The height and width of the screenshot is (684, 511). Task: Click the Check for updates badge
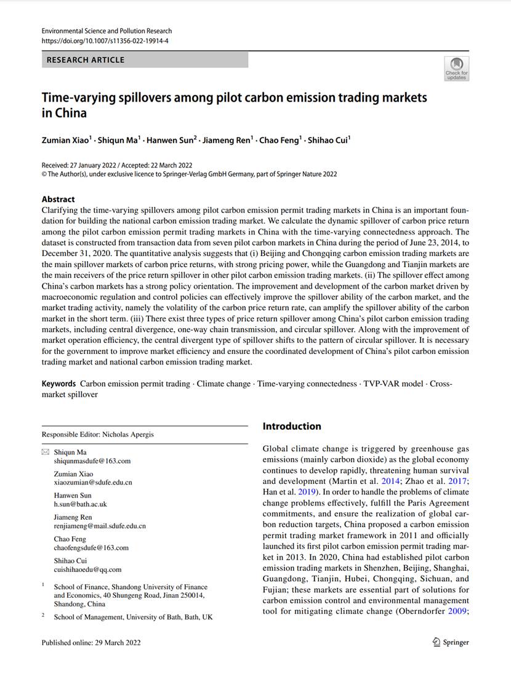[456, 68]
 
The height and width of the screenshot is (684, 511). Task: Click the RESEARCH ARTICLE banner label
[86, 60]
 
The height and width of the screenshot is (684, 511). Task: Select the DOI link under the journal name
[105, 41]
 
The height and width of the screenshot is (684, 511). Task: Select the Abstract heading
[58, 199]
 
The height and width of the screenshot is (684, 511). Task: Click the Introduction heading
[292, 426]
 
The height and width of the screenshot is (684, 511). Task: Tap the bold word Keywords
[58, 384]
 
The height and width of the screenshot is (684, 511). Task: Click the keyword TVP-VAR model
[393, 384]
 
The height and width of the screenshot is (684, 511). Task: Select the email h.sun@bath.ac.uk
[81, 504]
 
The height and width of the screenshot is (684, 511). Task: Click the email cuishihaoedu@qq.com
[88, 569]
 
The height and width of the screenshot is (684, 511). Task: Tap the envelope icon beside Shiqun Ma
[46, 452]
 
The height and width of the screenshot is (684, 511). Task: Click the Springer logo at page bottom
[451, 642]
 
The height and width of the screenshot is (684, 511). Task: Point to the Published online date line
[91, 643]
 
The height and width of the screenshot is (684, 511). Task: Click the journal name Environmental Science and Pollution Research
[107, 31]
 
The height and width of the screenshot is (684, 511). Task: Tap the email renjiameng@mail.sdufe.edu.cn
[100, 526]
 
